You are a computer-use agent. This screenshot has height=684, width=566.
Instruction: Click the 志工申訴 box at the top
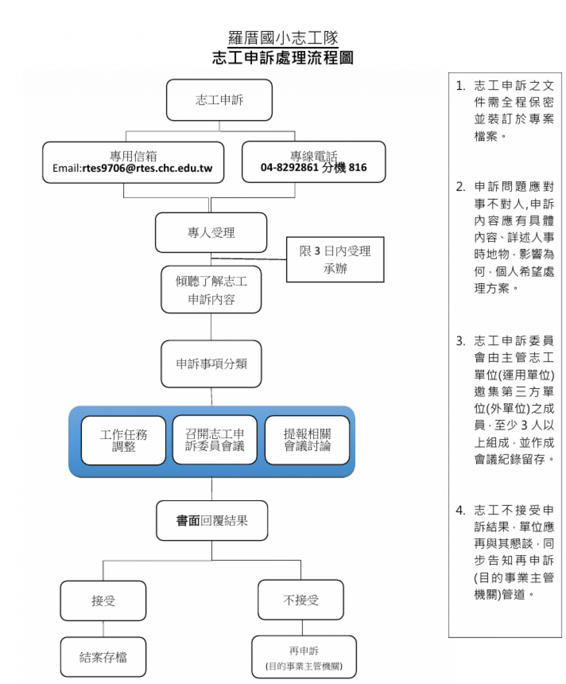[x=219, y=100]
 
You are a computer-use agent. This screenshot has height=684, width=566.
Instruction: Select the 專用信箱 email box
[x=133, y=162]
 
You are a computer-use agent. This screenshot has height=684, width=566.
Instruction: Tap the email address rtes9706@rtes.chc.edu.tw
[x=147, y=168]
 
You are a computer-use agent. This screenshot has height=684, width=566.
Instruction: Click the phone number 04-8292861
[x=289, y=168]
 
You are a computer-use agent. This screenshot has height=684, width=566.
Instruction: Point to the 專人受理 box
[x=211, y=233]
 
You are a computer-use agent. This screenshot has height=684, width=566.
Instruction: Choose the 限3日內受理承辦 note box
[x=335, y=259]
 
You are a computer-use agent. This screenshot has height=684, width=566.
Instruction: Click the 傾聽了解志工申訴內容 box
[x=211, y=290]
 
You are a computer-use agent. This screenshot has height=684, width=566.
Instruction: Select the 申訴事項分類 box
[x=211, y=364]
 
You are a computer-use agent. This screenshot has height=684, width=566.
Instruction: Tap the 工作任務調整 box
[x=123, y=440]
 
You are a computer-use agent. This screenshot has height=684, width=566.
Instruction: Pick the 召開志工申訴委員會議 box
[x=214, y=440]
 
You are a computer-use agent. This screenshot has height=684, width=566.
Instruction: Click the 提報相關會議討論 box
[x=307, y=440]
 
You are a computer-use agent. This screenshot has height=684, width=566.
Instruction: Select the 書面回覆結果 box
[x=212, y=520]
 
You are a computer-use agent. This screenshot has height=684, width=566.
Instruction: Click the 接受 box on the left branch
[x=103, y=601]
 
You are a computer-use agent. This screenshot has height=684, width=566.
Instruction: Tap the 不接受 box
[x=301, y=600]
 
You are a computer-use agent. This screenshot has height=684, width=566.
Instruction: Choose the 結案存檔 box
[x=103, y=657]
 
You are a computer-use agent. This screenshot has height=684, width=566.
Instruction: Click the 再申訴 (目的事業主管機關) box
[x=304, y=657]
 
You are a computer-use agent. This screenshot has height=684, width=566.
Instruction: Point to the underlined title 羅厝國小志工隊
[x=283, y=38]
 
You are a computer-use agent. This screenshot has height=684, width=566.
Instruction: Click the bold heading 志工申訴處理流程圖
[x=282, y=58]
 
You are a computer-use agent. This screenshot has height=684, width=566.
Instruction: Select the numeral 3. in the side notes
[x=460, y=341]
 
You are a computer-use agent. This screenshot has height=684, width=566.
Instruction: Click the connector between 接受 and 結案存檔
[x=103, y=629]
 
